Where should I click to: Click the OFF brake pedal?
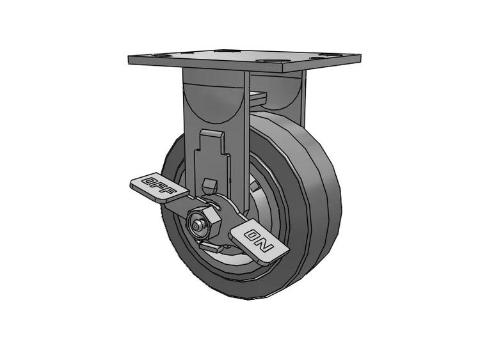pos(159,189)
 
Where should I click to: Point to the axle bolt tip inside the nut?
pos(195,226)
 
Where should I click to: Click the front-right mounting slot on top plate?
pos(269,61)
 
